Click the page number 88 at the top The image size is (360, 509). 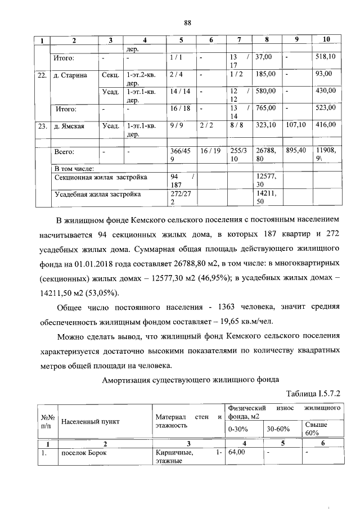188,23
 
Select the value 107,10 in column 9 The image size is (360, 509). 295,126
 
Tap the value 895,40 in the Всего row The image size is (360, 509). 295,151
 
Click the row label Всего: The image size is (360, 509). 64,152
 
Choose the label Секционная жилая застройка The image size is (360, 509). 101,177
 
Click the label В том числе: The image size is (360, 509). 74,168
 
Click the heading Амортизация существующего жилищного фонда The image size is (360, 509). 191,380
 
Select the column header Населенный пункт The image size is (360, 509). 91,421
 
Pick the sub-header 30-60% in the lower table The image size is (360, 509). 278,429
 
